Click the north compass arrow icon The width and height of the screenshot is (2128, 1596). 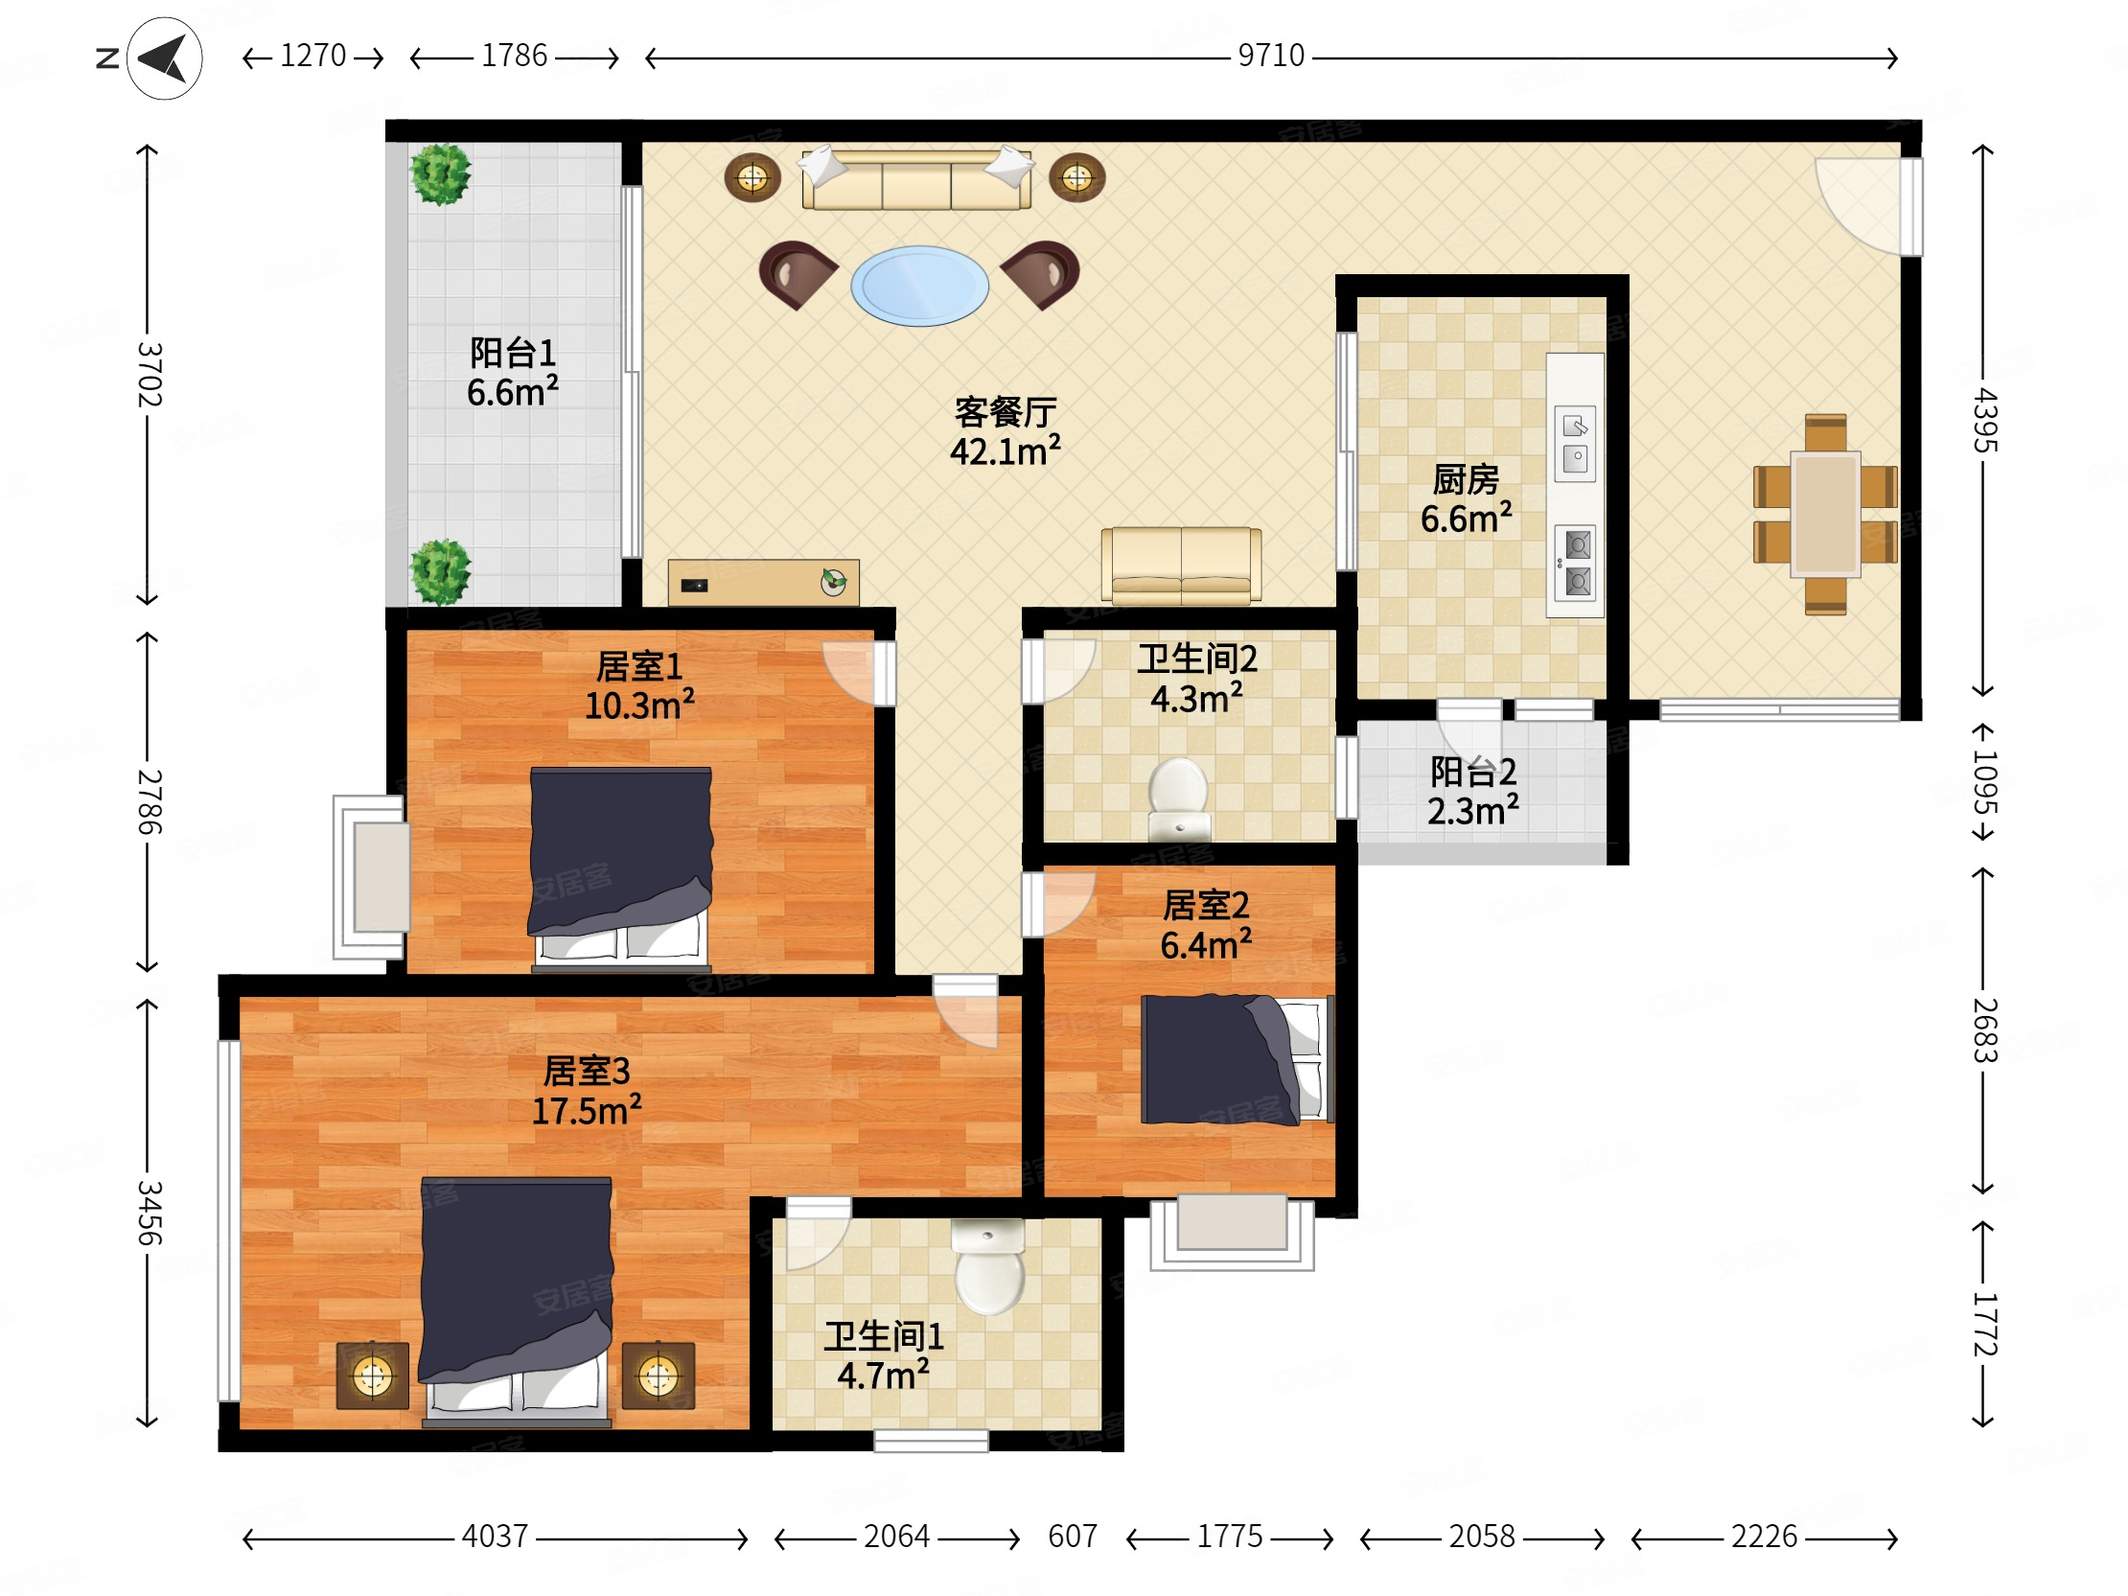(165, 58)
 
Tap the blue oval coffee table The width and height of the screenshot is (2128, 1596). (919, 286)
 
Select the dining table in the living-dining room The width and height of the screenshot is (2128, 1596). (1825, 515)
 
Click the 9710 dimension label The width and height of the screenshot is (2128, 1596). (1271, 56)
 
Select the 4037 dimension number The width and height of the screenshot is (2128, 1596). (495, 1537)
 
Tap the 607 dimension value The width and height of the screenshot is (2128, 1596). (1073, 1537)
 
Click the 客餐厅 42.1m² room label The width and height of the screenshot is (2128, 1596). (1006, 432)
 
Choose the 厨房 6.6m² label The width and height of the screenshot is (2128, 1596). (1467, 498)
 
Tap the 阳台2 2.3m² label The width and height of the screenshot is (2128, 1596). (1473, 791)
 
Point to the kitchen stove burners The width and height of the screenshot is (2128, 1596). (1577, 563)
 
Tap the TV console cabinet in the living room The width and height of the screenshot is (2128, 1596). (763, 582)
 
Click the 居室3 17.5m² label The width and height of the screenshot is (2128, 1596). (586, 1091)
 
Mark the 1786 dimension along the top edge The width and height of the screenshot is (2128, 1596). (514, 56)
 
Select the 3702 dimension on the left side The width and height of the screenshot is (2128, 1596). (150, 374)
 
